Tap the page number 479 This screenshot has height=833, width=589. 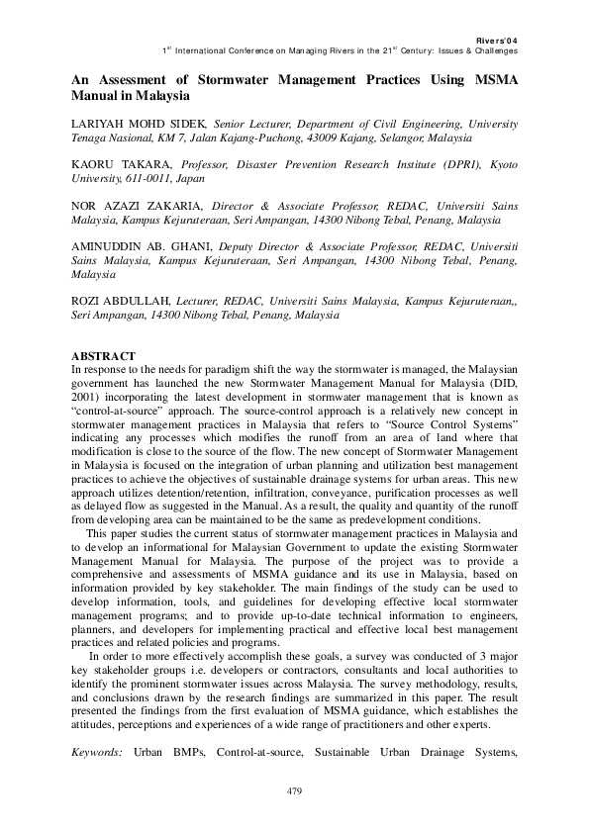294,790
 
